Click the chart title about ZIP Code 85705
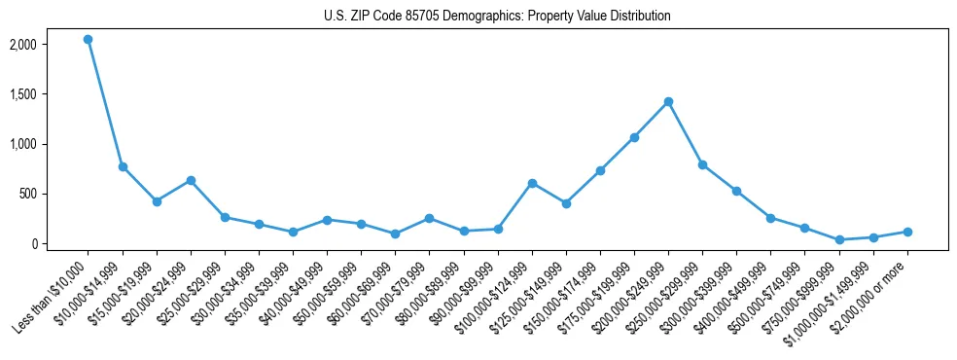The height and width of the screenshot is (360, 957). point(497,17)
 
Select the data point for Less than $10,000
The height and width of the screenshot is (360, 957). point(89,40)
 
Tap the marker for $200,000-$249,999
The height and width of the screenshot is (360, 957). point(668,101)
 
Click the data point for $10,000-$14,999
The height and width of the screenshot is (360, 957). point(123,166)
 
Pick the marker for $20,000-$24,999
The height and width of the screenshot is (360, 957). point(191,180)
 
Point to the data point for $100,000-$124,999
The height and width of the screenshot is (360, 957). point(532,183)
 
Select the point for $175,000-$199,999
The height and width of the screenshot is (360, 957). point(634,137)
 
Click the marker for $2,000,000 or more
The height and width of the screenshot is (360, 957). point(907,232)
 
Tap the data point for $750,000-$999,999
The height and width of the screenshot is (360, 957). point(839,239)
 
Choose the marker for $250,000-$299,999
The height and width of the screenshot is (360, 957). point(702,164)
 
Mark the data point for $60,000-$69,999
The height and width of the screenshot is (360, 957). point(395,234)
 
